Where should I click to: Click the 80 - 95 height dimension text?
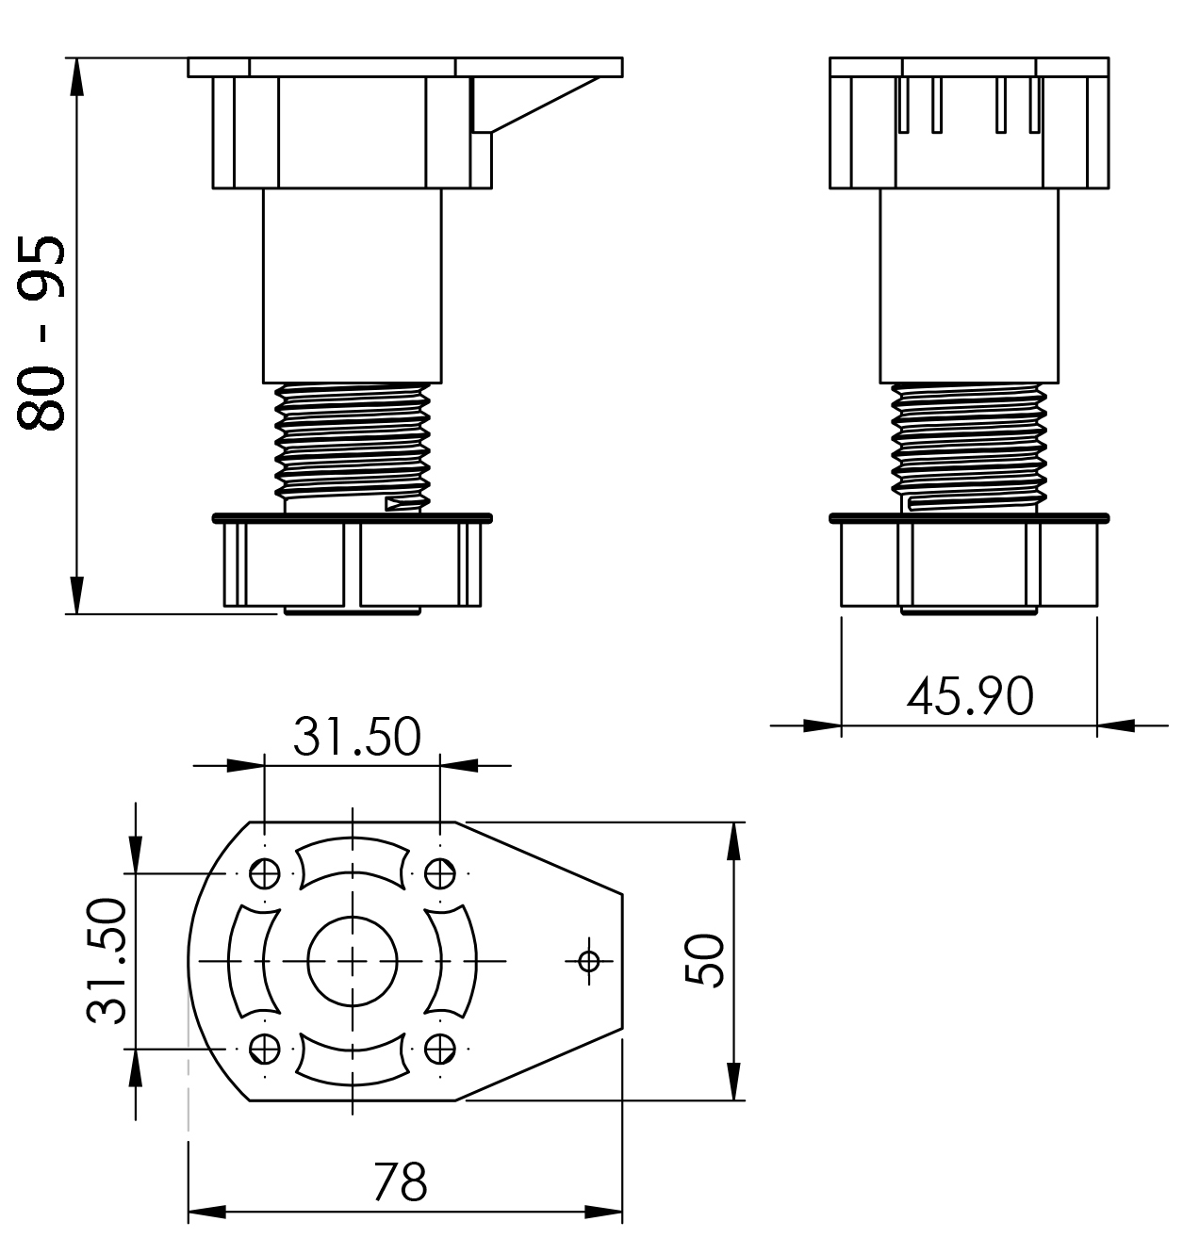click(41, 334)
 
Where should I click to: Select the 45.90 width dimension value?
click(970, 696)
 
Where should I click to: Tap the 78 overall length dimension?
click(401, 1182)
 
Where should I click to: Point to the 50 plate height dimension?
click(704, 960)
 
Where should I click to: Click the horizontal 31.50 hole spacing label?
click(357, 736)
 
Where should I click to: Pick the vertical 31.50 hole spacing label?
click(107, 960)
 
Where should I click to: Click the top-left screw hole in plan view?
click(265, 874)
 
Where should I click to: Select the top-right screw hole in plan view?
click(440, 874)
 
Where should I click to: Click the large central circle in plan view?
click(353, 961)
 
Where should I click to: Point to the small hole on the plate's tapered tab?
click(589, 961)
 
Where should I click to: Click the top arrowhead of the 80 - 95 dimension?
click(75, 79)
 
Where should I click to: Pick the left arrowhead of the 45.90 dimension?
click(822, 725)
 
